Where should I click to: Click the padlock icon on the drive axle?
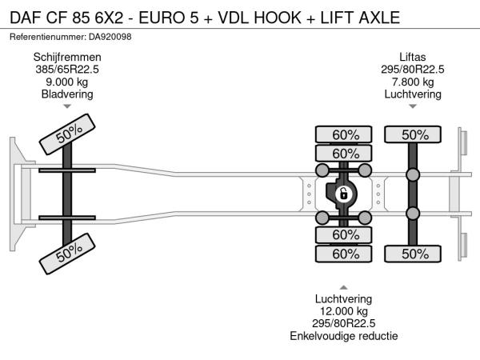(343, 194)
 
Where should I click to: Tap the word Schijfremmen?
(67, 57)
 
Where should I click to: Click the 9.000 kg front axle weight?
(67, 82)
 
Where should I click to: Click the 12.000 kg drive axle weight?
(343, 311)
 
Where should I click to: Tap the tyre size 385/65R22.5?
(67, 70)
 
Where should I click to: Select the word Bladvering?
(67, 94)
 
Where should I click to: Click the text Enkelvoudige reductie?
(343, 336)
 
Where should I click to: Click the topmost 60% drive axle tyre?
(345, 134)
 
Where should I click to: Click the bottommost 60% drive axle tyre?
(345, 254)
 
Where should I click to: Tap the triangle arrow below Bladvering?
(67, 106)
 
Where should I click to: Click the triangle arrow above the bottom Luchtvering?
(343, 286)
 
